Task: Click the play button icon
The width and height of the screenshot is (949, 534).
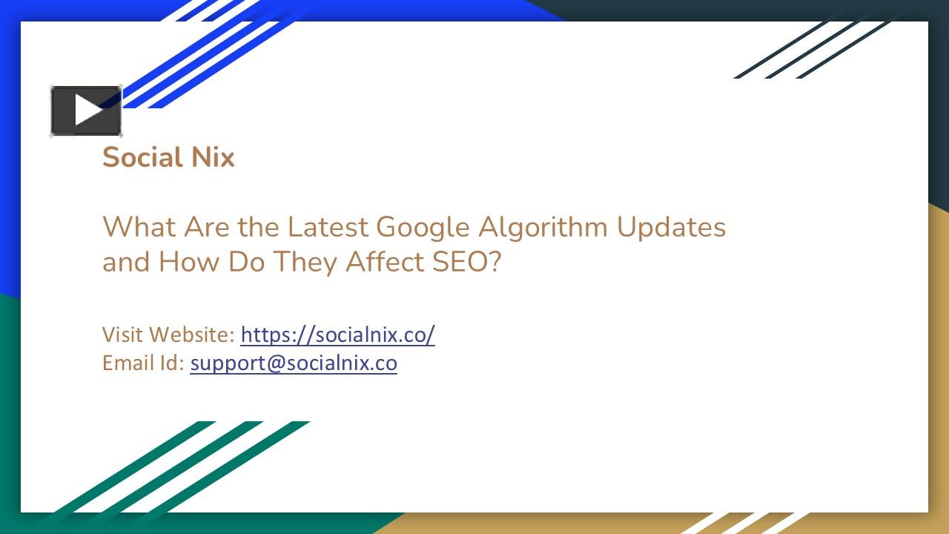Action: [x=86, y=111]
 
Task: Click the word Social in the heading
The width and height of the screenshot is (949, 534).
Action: [x=137, y=157]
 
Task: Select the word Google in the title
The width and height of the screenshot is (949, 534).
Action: [x=423, y=227]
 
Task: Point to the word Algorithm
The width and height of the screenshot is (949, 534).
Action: [x=543, y=227]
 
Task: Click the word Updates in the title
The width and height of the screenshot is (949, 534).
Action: [x=671, y=227]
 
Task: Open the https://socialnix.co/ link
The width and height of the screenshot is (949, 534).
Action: [x=337, y=334]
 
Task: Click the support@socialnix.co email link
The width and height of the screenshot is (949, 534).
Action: [x=294, y=363]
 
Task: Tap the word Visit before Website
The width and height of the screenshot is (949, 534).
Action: [x=122, y=334]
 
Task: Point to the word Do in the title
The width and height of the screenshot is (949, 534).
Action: [x=246, y=262]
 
